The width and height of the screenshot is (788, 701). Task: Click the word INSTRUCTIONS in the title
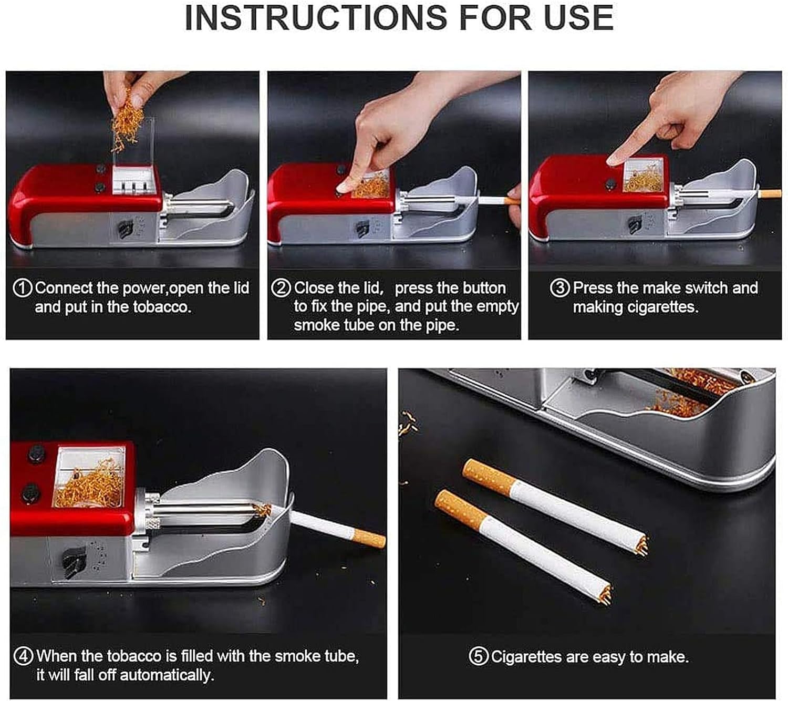click(316, 18)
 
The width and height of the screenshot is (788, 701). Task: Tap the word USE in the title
click(579, 18)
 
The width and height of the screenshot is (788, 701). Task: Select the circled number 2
click(281, 288)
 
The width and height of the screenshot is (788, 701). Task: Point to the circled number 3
click(560, 288)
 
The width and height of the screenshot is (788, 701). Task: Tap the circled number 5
click(479, 657)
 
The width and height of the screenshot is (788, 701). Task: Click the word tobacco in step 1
click(162, 307)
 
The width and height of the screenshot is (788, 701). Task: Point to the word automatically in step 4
click(167, 675)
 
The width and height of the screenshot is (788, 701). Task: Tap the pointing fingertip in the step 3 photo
click(614, 160)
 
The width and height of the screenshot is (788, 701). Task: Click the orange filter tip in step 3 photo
click(771, 193)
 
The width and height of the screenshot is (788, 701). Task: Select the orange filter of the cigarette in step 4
click(369, 538)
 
